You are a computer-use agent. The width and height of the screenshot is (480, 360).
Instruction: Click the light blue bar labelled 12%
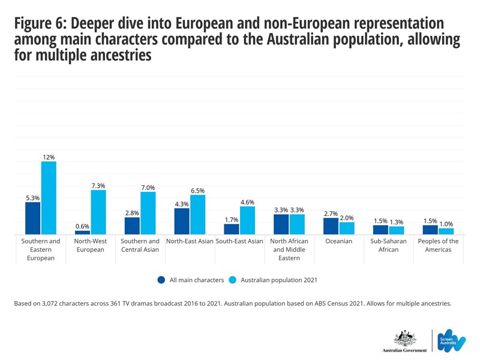point(49,198)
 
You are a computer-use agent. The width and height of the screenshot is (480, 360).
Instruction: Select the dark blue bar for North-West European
point(82,232)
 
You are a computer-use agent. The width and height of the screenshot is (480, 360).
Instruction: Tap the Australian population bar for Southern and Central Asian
point(148,213)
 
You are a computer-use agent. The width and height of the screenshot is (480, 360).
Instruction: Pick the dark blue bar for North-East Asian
point(182,221)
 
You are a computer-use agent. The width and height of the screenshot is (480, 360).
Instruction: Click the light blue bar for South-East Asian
point(247,220)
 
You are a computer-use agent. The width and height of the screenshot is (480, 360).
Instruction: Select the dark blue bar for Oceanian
point(331,226)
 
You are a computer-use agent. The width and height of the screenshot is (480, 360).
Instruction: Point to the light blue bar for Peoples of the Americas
point(446,231)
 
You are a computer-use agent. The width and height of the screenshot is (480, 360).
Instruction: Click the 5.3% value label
point(32,197)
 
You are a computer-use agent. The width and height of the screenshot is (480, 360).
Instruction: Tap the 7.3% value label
point(98,185)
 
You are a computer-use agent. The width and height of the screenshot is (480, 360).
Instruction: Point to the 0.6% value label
point(82,226)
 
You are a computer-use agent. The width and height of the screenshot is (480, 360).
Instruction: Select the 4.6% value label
point(247,202)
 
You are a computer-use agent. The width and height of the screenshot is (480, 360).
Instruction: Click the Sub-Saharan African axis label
point(389,245)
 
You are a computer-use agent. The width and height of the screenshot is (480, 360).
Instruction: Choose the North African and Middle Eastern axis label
point(289,250)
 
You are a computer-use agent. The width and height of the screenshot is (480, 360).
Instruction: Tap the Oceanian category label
point(339,241)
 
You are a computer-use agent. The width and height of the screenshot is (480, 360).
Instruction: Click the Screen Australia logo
point(451,340)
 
